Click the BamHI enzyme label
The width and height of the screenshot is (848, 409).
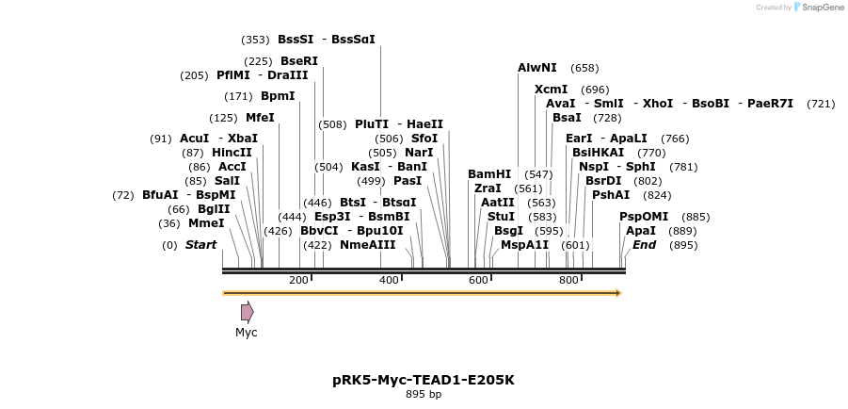pos(489,174)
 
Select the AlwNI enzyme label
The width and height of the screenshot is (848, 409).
pos(537,68)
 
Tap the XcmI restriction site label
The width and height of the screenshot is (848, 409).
pos(551,90)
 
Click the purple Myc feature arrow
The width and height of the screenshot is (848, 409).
pos(247,312)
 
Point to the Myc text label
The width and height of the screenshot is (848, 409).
pos(247,333)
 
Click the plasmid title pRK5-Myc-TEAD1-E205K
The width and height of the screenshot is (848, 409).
pos(424,380)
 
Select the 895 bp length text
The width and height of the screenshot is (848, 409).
pos(424,395)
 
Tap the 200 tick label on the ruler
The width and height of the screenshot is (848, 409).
pos(299,280)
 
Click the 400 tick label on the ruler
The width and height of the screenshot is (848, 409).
pos(389,280)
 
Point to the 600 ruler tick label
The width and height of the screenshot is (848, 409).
pos(478,280)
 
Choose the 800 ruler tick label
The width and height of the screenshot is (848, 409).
pos(568,280)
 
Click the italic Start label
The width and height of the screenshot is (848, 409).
pos(200,245)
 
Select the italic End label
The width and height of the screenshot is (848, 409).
pos(645,245)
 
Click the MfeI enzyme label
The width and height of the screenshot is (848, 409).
pos(260,118)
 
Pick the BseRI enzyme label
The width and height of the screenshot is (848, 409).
pos(299,61)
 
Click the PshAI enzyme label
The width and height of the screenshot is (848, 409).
pos(611,195)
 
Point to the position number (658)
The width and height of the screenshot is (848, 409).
pos(584,68)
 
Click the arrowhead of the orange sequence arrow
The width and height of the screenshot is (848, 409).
pos(617,293)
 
